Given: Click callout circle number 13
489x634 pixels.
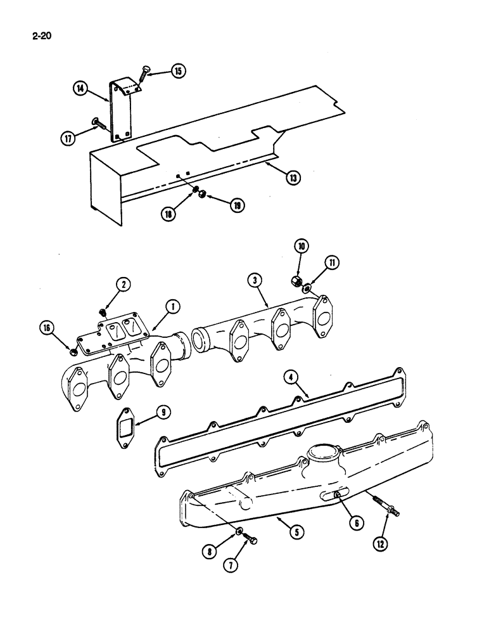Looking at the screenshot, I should coord(292,178).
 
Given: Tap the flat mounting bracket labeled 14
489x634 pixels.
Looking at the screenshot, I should coord(120,111).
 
